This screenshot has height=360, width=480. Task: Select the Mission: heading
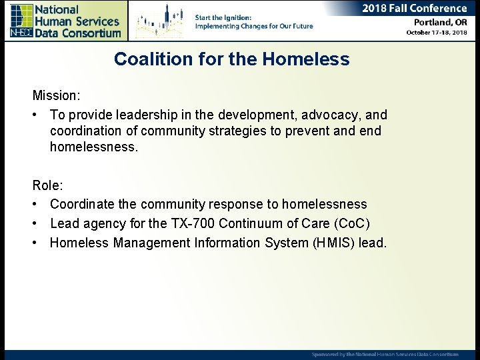(x=57, y=96)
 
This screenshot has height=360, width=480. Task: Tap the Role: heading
(x=47, y=185)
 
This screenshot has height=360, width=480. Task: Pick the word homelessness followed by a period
(x=93, y=147)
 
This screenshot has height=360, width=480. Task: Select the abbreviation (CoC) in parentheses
(x=351, y=223)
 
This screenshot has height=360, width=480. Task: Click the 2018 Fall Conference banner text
(x=414, y=9)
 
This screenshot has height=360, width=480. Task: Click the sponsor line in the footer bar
(x=385, y=355)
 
